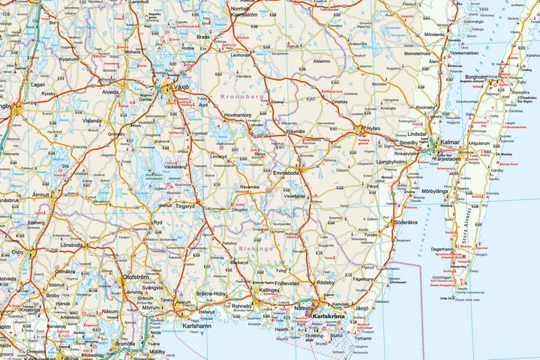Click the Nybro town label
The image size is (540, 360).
tap(372, 129)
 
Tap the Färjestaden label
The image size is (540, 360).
tap(454, 157)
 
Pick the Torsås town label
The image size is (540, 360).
tap(370, 235)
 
